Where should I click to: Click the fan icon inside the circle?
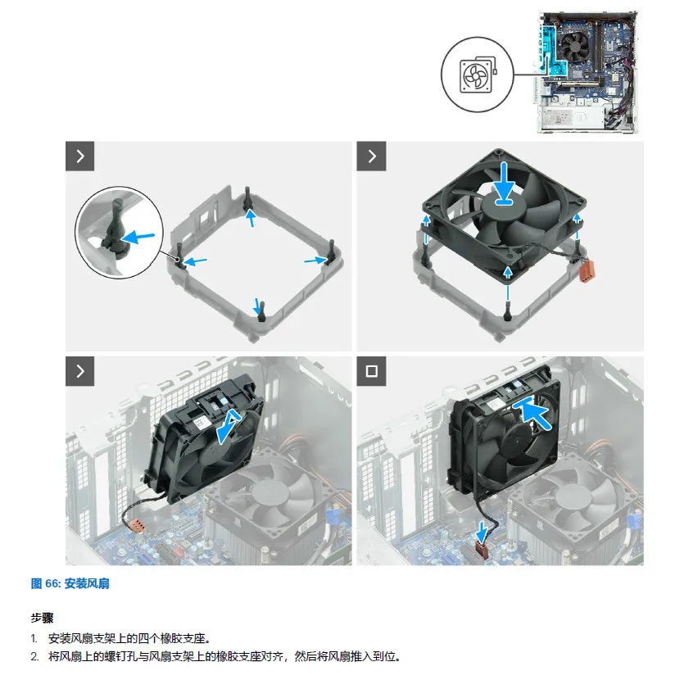[478, 75]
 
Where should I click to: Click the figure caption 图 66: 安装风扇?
[70, 583]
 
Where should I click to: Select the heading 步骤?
[42, 619]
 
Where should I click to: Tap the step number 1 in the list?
[34, 638]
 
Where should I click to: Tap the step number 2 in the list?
[34, 656]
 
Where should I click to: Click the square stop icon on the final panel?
[371, 371]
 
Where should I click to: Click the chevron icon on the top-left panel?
[80, 156]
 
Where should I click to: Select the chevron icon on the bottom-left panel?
[80, 371]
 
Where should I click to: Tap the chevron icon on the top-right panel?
[371, 156]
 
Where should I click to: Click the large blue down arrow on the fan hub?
[505, 184]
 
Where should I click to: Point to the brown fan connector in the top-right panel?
[586, 271]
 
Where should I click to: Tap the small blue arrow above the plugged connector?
[483, 533]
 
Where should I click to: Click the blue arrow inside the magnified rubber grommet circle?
[138, 238]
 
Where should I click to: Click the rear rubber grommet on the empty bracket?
[249, 197]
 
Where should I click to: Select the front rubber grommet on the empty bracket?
[262, 312]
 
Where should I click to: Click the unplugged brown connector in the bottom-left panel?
[136, 525]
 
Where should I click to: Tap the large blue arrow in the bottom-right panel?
[533, 413]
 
